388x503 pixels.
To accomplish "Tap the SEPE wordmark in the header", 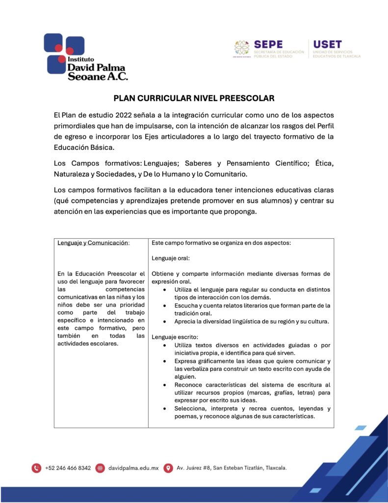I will click(268, 44).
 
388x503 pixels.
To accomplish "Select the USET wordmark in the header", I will click(327, 44).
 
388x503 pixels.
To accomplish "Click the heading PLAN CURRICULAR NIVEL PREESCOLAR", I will click(194, 98).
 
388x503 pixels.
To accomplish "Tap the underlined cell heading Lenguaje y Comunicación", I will click(93, 243).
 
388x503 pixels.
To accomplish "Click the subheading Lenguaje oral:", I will click(171, 258).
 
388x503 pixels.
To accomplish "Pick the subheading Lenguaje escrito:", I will click(175, 337).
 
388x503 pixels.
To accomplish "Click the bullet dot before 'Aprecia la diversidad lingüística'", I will click(163, 322).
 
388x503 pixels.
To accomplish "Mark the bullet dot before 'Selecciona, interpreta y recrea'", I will click(163, 409).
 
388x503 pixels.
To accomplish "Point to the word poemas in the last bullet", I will click(187, 417).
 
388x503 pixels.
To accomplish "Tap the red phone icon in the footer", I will click(36, 468).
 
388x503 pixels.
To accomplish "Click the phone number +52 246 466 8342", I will click(68, 468).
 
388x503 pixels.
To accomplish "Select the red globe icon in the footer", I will click(100, 468).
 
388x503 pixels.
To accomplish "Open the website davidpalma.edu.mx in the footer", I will click(133, 468).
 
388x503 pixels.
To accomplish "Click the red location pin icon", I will click(168, 468).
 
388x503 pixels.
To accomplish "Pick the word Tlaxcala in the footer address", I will click(275, 468).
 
